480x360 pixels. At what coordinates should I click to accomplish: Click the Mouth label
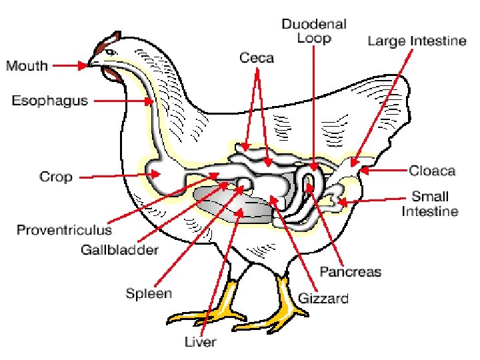(x=27, y=65)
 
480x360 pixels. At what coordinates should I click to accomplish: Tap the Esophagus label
(x=49, y=101)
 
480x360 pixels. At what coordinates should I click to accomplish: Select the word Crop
(x=56, y=177)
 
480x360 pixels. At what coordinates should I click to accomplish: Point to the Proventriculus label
(x=64, y=230)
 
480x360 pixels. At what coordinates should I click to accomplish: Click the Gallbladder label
(x=119, y=250)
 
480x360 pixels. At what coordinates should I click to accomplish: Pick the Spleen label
(x=149, y=293)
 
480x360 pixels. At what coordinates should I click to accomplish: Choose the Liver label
(x=201, y=342)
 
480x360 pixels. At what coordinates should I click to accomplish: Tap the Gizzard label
(x=323, y=298)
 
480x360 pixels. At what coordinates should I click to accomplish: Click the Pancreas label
(x=351, y=271)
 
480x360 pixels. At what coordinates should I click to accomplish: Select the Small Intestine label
(x=430, y=204)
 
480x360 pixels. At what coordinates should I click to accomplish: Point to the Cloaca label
(x=432, y=171)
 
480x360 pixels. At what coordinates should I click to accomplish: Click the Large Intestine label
(x=417, y=41)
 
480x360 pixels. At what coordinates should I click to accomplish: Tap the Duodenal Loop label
(x=314, y=31)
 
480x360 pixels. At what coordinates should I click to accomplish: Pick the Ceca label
(x=257, y=58)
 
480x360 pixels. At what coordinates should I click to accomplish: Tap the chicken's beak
(x=89, y=64)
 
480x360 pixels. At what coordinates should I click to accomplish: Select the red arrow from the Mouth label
(x=69, y=65)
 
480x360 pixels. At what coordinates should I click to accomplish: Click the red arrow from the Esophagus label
(x=123, y=101)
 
